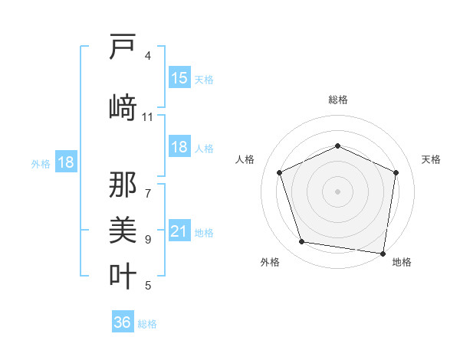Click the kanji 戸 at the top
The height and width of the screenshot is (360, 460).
(x=123, y=47)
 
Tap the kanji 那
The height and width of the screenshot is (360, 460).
(x=123, y=184)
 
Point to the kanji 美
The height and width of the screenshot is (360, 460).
(x=123, y=229)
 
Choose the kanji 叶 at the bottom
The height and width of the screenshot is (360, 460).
(x=123, y=275)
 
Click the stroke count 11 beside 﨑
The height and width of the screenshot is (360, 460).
(x=148, y=117)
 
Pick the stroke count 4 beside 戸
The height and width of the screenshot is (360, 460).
(x=148, y=56)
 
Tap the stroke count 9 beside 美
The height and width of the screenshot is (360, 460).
(x=148, y=240)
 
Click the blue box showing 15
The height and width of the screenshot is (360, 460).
(x=179, y=78)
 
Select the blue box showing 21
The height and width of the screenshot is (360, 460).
(x=179, y=232)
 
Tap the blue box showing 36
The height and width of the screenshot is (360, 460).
(x=123, y=323)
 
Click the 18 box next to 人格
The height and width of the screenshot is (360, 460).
(x=179, y=148)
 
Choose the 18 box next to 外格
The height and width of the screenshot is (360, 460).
(x=66, y=162)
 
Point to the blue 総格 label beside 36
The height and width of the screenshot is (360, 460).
(x=147, y=324)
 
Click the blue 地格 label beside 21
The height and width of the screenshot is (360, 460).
(x=204, y=233)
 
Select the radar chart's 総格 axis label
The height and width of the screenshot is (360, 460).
(x=337, y=100)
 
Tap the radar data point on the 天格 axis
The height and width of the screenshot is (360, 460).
(x=396, y=172)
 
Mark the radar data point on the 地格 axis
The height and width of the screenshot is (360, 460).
(x=383, y=253)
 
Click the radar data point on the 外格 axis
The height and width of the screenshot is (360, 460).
(x=302, y=242)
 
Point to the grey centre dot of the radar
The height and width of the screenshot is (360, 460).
(x=337, y=191)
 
